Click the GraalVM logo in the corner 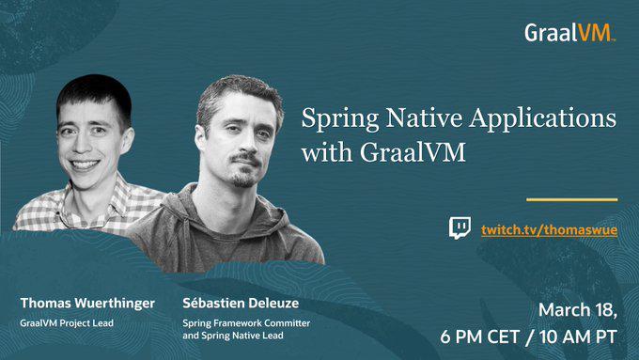point(569,33)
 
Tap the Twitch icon point(460,228)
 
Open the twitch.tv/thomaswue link point(549,229)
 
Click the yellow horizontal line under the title point(571,199)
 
